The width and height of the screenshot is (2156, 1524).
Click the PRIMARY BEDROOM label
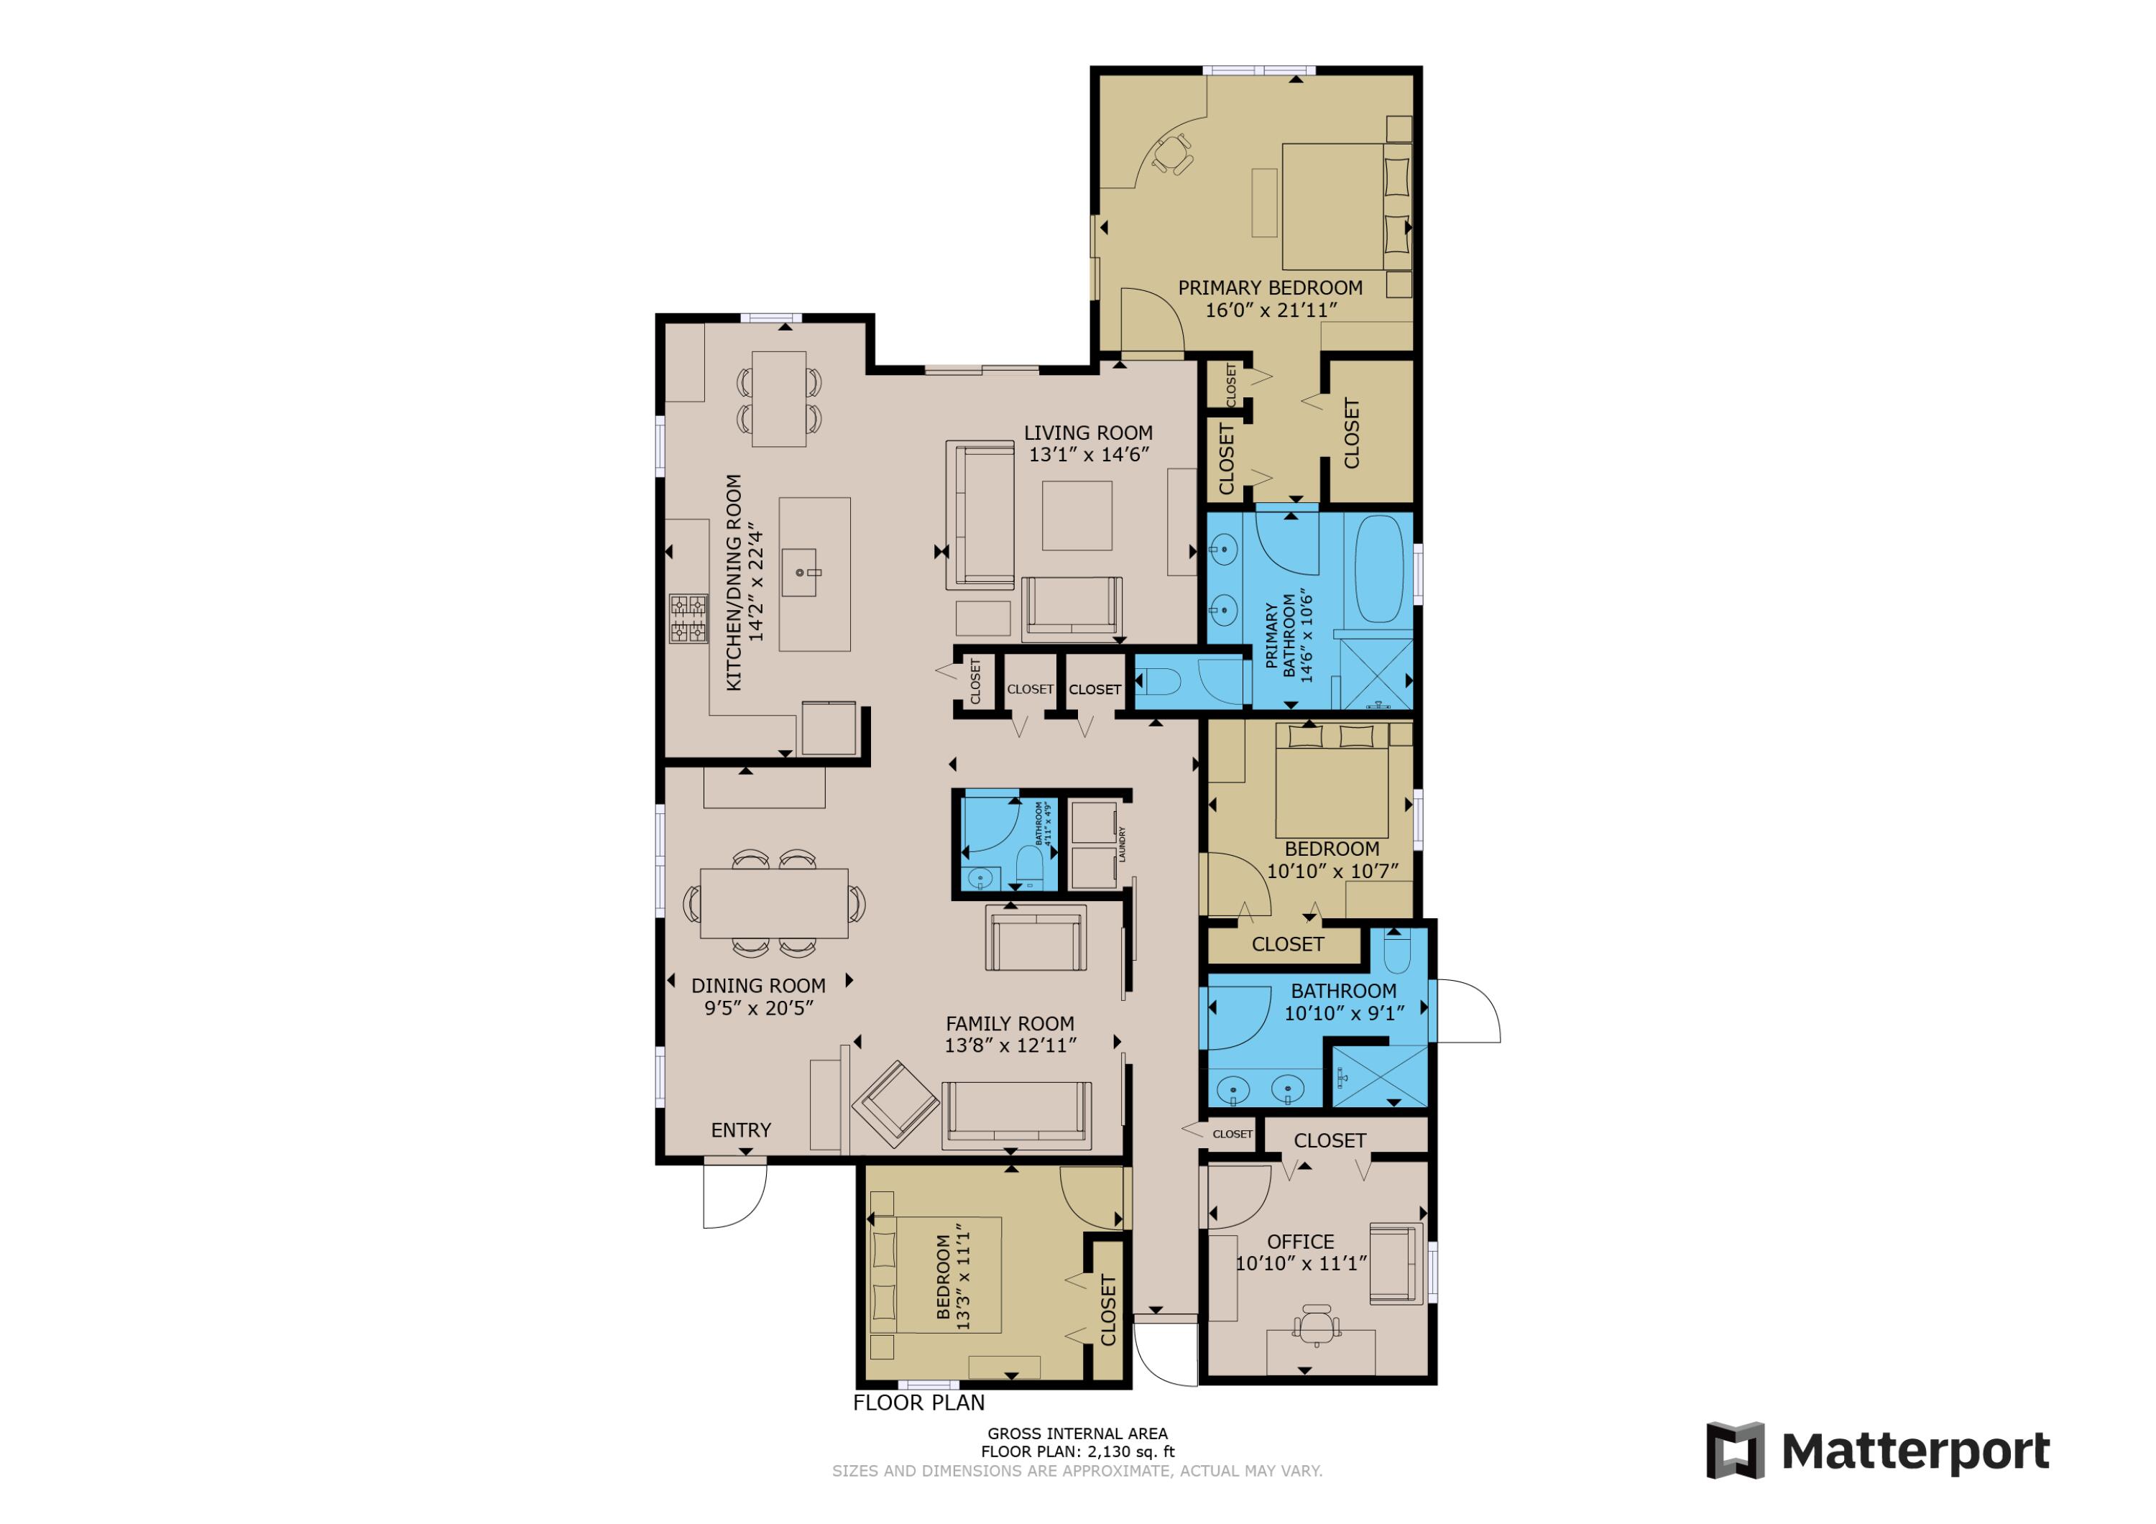[1270, 288]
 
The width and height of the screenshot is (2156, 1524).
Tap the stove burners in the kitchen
[688, 619]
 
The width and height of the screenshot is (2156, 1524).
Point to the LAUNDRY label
[1122, 844]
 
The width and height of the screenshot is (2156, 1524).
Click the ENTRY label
[741, 1130]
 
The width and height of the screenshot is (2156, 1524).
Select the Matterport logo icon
[1736, 1451]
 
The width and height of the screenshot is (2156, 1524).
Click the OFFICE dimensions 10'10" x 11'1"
[1301, 1264]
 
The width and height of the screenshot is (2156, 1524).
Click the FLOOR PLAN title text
[918, 1403]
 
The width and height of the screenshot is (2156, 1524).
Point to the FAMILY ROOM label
[1010, 1023]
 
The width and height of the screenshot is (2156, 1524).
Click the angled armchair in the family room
[895, 1104]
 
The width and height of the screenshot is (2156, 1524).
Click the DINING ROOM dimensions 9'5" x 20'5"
[759, 1007]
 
